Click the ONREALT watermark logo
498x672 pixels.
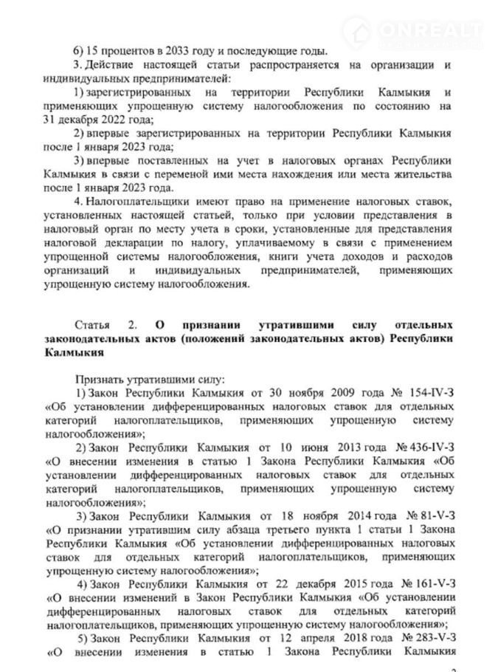[x=431, y=32]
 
